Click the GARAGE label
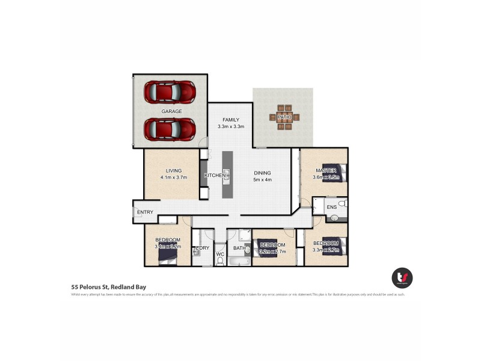[x=171, y=111]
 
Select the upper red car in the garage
[x=170, y=92]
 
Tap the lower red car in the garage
[x=170, y=129]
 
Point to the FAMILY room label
[x=230, y=120]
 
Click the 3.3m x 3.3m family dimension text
[x=230, y=127]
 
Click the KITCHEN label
[x=215, y=175]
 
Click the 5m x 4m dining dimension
[x=263, y=179]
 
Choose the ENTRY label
[x=145, y=212]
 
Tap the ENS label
[x=331, y=208]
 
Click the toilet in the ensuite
[x=341, y=205]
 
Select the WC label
[x=219, y=255]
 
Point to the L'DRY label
[x=202, y=248]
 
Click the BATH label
[x=239, y=248]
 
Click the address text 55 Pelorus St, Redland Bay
[x=109, y=287]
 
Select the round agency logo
[x=402, y=277]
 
